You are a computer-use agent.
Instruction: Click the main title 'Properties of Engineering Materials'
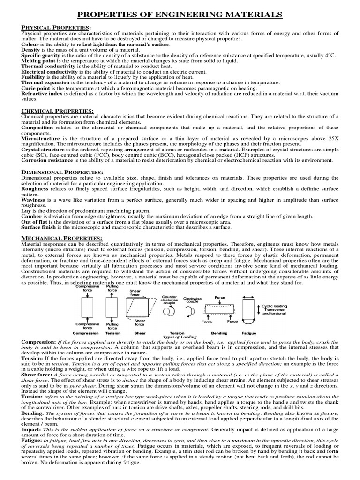point(180,15)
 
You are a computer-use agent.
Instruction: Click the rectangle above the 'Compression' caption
point(88,308)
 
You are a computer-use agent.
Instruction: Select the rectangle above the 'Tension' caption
point(112,308)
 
